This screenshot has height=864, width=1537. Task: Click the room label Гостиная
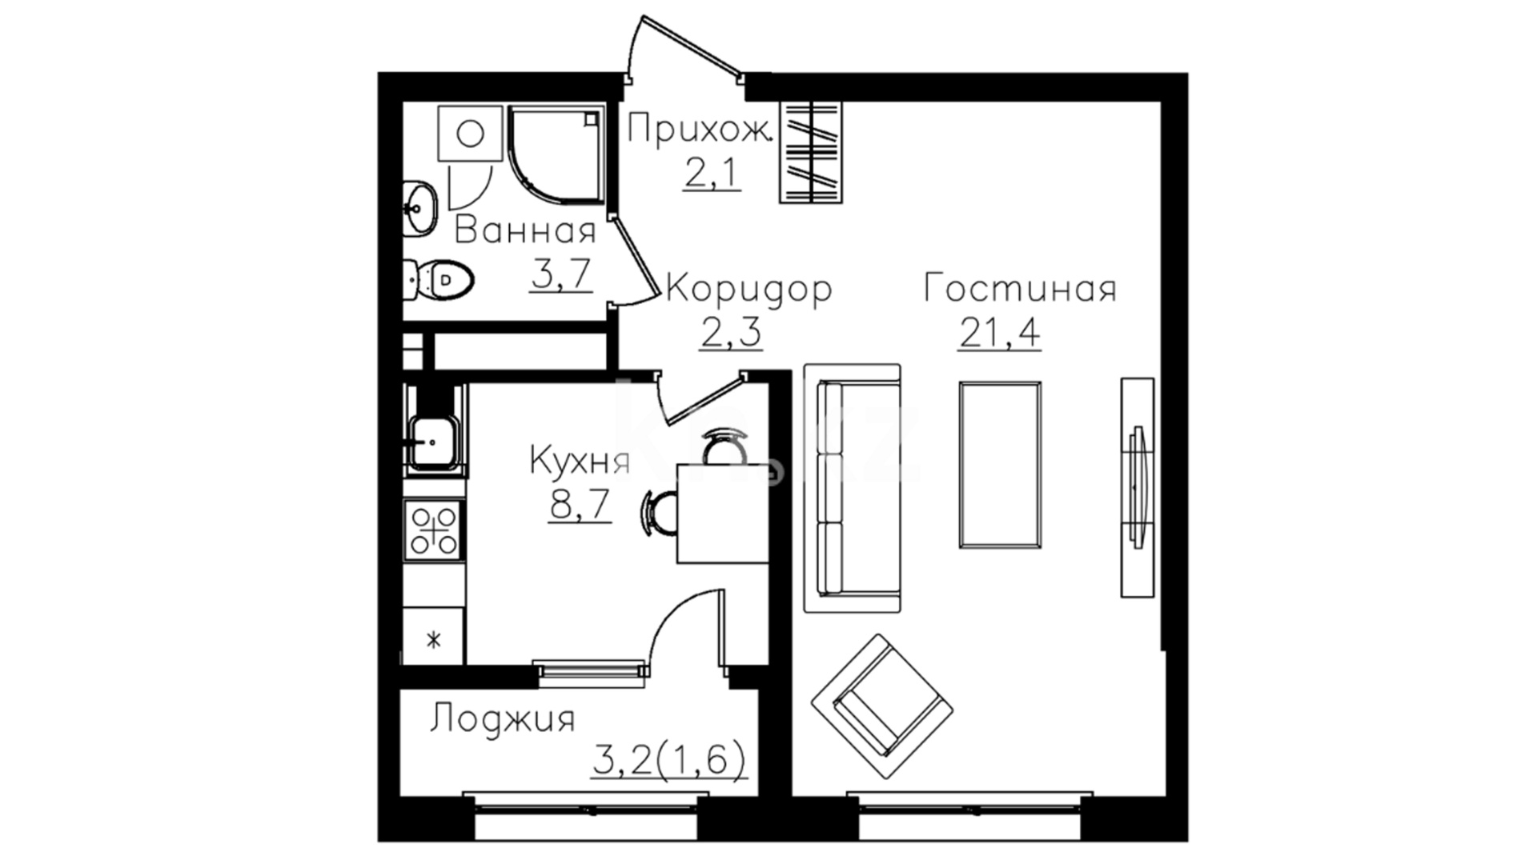1020,288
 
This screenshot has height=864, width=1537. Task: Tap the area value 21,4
1000,331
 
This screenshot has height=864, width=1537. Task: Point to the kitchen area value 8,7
580,504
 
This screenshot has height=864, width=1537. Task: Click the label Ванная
526,231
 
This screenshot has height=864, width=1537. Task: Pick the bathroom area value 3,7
560,274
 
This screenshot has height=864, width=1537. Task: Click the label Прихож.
699,130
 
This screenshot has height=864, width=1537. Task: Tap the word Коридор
748,289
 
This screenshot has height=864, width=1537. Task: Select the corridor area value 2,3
730,332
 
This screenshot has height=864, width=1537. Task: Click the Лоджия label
503,719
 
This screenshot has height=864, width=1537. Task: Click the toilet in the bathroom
439,279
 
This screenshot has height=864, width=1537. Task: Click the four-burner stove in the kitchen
434,530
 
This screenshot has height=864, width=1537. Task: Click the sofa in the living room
853,489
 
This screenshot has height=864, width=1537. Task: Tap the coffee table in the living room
1000,465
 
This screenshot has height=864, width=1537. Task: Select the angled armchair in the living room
882,706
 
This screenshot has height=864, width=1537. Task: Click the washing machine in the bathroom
470,133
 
